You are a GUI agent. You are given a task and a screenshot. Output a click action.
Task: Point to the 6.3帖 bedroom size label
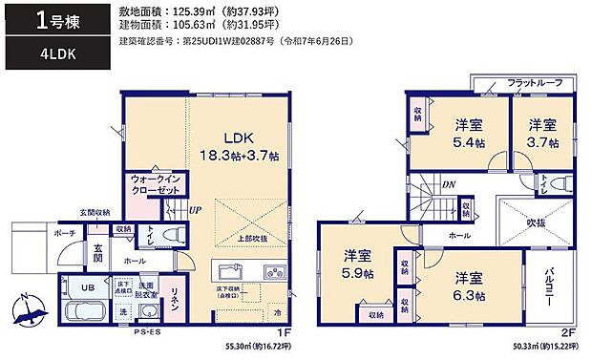469,286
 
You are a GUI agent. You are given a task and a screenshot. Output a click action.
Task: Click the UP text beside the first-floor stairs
196,210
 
